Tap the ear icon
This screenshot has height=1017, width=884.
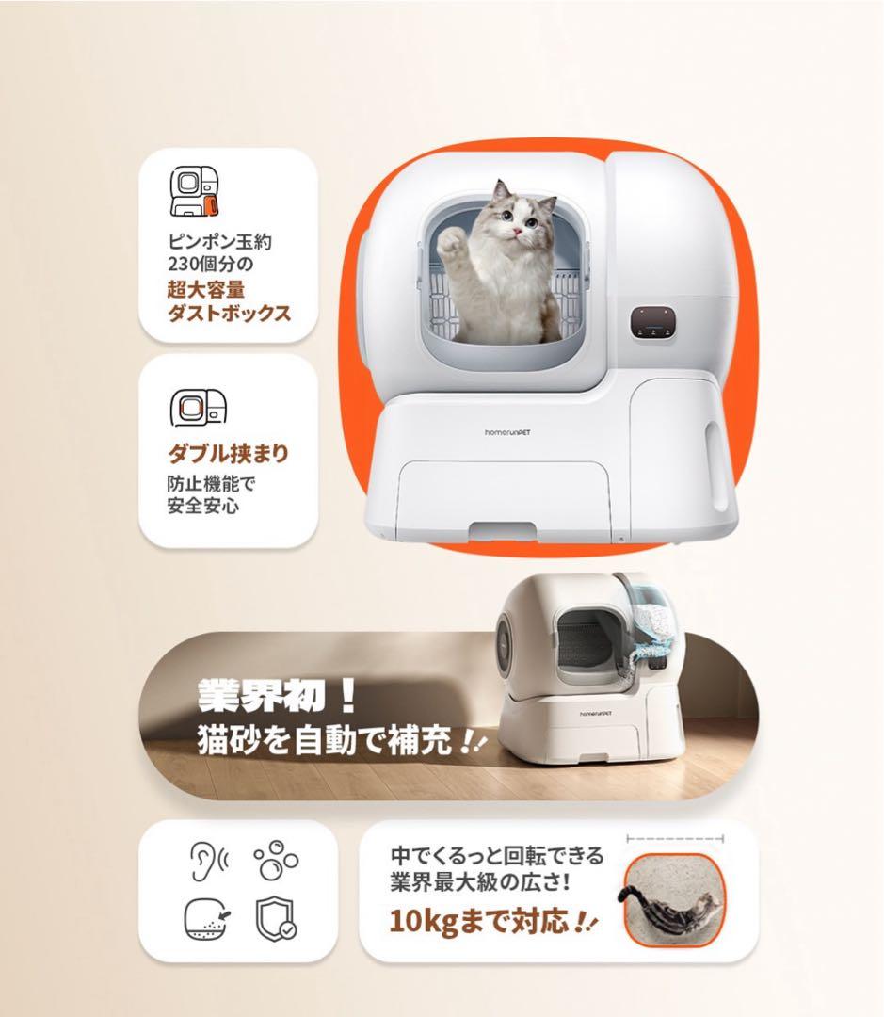pyautogui.click(x=203, y=860)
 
